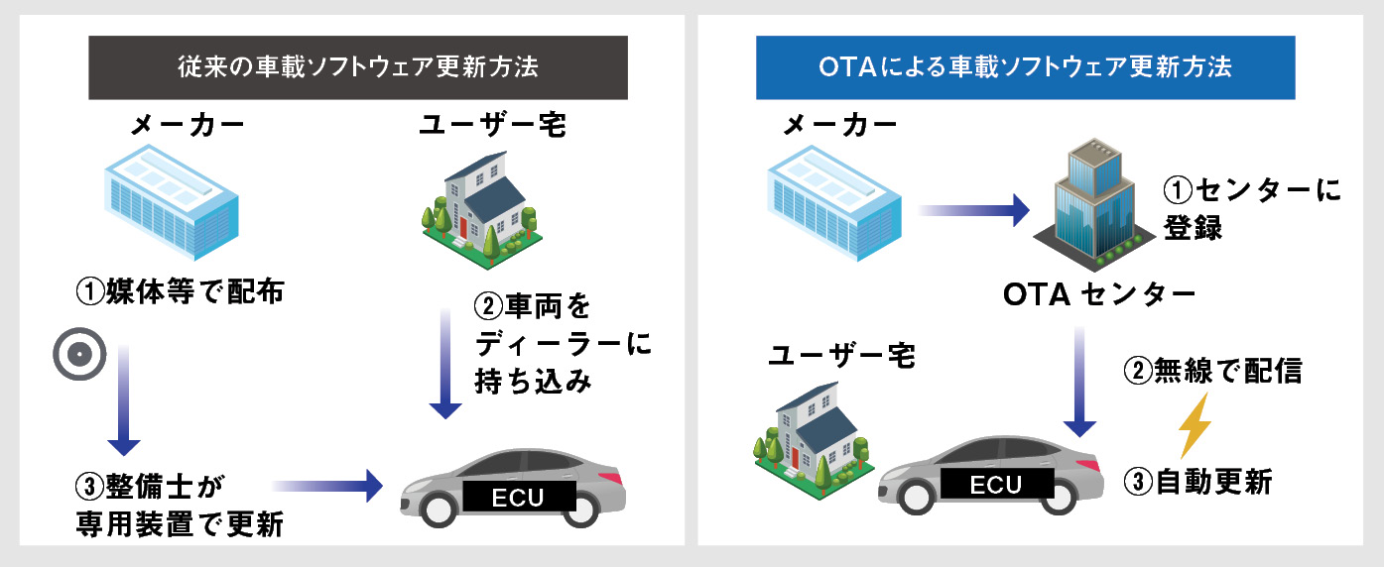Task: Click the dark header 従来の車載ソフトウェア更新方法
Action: (x=358, y=67)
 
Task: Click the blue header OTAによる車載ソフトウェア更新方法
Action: (x=1026, y=67)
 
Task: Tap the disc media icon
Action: (x=79, y=354)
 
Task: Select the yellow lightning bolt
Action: (x=1195, y=425)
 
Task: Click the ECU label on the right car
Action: (x=996, y=484)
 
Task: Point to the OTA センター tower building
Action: (x=1094, y=205)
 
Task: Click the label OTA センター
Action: (x=1099, y=294)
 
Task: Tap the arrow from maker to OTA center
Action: (x=973, y=210)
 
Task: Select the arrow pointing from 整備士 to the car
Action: (x=327, y=486)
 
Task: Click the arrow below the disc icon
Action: (x=124, y=400)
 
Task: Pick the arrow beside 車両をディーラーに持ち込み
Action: (x=445, y=364)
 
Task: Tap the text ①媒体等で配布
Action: (x=180, y=290)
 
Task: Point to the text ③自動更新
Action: (x=1198, y=483)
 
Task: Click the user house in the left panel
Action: (x=482, y=210)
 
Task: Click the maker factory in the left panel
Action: (x=172, y=202)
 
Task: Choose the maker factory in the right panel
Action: (x=834, y=202)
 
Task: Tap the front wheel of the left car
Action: (x=439, y=508)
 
